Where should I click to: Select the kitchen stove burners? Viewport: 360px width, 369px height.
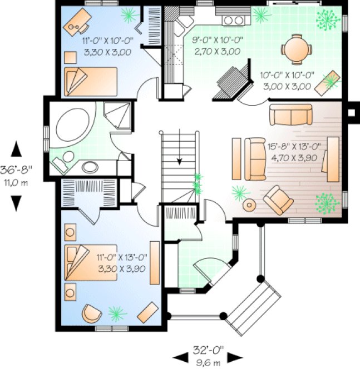[x=234, y=21]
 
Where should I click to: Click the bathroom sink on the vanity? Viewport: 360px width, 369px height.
[x=90, y=166]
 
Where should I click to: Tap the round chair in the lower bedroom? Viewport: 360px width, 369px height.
[x=92, y=313]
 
